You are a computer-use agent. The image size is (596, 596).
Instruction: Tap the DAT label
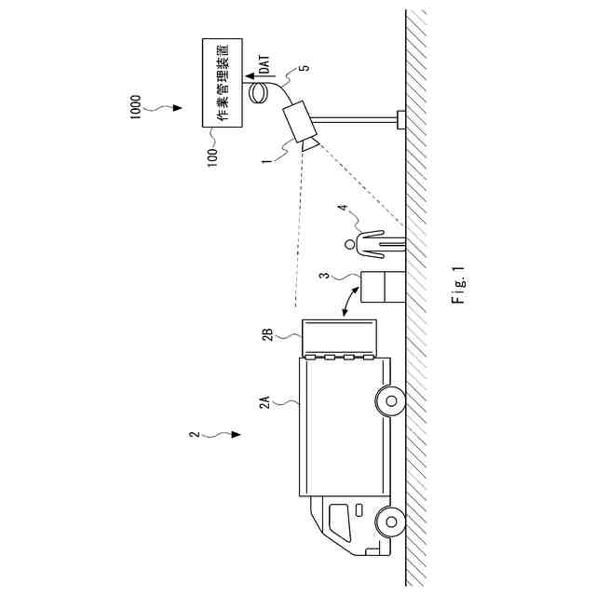(264, 64)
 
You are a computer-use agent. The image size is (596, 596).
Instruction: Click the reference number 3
(323, 278)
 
